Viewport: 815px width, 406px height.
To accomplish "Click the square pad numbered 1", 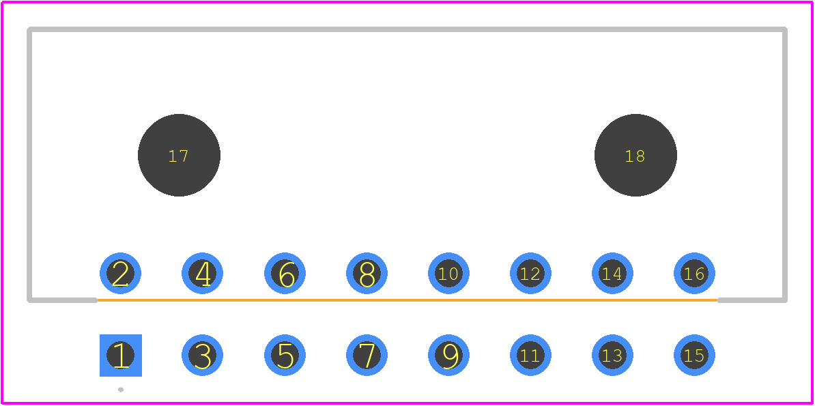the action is (x=121, y=356).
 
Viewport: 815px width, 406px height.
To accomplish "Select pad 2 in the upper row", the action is (x=121, y=274).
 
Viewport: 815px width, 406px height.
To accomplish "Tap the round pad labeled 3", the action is (x=202, y=356).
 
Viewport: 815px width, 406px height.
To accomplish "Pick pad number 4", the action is (x=202, y=274).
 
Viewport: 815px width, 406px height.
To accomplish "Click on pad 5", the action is (x=285, y=356).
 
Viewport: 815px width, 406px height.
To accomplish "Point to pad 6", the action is (x=285, y=274).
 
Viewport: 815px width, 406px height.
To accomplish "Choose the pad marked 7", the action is (x=367, y=356).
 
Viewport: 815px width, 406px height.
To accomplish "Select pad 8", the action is (x=367, y=274).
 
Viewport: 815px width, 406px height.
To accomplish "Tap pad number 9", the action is (x=448, y=356).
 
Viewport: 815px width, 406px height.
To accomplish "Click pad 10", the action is (x=448, y=274).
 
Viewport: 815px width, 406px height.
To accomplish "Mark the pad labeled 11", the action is (x=530, y=356).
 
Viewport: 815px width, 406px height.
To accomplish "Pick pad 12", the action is (x=530, y=274).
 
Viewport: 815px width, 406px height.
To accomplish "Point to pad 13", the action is (x=612, y=356).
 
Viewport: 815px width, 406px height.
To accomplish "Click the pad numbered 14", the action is (x=612, y=274).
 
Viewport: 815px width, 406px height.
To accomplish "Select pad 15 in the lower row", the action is (x=694, y=356).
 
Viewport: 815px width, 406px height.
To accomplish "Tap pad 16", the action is (x=694, y=274).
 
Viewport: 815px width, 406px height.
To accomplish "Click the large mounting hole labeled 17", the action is (x=179, y=155).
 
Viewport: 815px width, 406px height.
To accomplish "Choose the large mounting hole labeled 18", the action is (x=635, y=155).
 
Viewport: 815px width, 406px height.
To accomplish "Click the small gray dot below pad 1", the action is (x=121, y=390).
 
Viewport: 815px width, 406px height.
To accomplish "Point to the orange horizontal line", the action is (x=408, y=300).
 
